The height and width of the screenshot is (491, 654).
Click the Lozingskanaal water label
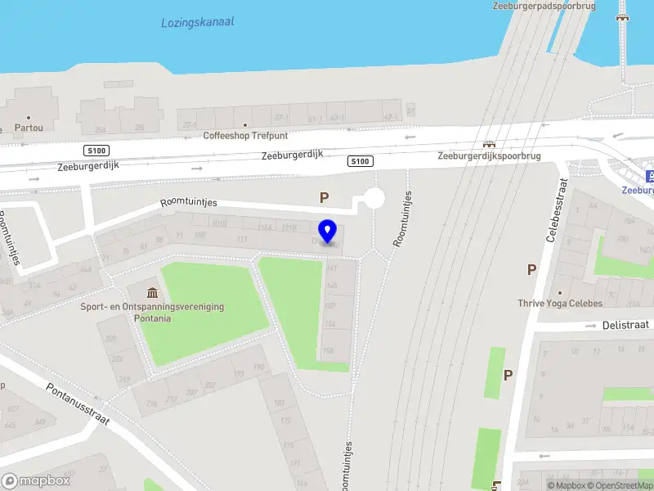[x=197, y=22]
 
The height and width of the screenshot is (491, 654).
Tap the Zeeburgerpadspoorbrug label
[x=544, y=6]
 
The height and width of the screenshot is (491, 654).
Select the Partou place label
[x=29, y=128]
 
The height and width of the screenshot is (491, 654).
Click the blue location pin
[x=328, y=232]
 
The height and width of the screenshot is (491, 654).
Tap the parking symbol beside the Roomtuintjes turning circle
[x=324, y=197]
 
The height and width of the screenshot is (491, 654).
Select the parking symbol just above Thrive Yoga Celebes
[x=531, y=268]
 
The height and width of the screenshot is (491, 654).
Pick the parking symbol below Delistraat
[x=508, y=375]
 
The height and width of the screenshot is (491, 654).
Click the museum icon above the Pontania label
[x=152, y=293]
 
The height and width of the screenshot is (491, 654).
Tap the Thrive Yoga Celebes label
[x=560, y=304]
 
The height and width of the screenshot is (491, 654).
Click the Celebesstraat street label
[x=556, y=211]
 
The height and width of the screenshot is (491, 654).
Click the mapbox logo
[x=36, y=481]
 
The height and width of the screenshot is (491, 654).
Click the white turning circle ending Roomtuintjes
[x=374, y=199]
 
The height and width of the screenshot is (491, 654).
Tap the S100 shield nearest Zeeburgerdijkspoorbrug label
[x=360, y=160]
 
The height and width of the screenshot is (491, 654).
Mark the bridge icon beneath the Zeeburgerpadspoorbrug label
[x=624, y=16]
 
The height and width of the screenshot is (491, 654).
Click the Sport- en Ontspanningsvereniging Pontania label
[x=151, y=312]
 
